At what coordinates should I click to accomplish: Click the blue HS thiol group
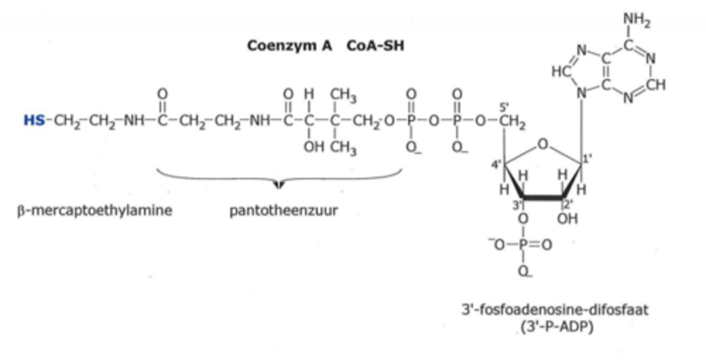click(x=34, y=120)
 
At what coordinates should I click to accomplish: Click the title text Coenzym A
click(x=289, y=46)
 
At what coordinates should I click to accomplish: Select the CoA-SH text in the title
click(x=376, y=46)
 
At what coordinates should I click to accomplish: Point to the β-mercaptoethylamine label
click(x=95, y=211)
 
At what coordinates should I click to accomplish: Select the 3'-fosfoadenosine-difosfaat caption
click(x=555, y=310)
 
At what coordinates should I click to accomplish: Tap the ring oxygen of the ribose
click(x=542, y=144)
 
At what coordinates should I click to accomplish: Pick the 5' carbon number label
click(x=504, y=107)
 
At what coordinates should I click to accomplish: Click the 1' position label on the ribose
click(x=587, y=158)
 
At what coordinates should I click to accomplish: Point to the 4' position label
click(x=496, y=164)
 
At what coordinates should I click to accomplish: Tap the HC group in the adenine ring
click(x=561, y=72)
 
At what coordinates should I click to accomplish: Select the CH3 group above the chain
click(x=343, y=95)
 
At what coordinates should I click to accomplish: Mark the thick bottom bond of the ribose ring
click(x=542, y=197)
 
